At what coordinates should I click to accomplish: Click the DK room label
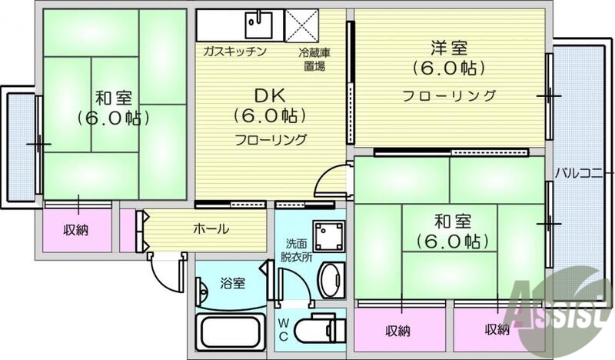tap(270, 97)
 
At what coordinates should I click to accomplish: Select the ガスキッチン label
tap(234, 52)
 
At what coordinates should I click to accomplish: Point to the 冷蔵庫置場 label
tap(313, 59)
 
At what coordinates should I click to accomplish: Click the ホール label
tap(210, 228)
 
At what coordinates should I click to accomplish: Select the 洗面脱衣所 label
tap(296, 251)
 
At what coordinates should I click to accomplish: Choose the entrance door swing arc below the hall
tap(165, 270)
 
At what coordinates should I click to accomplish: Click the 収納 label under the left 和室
tap(76, 229)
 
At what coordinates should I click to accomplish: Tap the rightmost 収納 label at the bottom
tap(497, 330)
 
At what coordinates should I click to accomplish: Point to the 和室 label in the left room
tap(114, 98)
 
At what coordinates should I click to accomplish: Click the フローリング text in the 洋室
tap(450, 95)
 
